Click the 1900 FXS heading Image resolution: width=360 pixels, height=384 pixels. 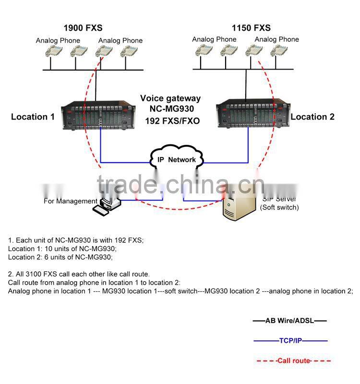83,28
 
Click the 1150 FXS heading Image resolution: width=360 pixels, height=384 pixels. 251,28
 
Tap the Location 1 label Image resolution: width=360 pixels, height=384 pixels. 33,117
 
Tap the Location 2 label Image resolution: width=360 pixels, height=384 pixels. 312,117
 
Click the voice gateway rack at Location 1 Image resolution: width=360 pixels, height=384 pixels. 96,115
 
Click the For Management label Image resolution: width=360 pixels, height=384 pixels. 71,201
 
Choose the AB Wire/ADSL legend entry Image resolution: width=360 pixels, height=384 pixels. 290,321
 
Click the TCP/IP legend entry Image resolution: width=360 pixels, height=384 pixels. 290,341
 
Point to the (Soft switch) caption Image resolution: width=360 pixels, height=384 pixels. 279,208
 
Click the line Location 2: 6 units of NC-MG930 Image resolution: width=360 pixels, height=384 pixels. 60,257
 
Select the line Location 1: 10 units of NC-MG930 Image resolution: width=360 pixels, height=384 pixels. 62,249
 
